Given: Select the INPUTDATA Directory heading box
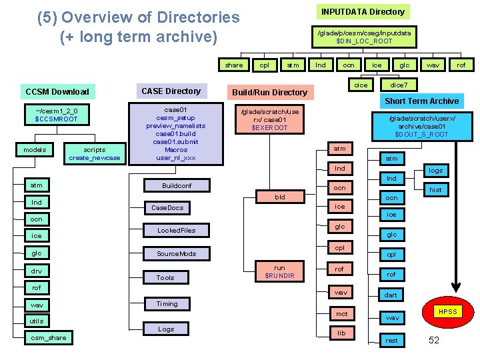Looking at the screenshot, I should click(363, 11).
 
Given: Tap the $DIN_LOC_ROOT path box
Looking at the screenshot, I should click(364, 37).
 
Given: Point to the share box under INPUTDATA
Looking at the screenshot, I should click(234, 65).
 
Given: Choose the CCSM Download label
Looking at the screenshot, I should click(57, 91).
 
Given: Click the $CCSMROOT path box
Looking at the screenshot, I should click(57, 115).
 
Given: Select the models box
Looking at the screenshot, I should click(35, 149).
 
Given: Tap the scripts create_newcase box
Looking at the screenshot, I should click(94, 153).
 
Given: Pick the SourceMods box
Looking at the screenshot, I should click(176, 253).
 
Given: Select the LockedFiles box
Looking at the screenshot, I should click(176, 230).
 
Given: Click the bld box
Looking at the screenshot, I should click(280, 197).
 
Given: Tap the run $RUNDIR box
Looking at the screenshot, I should click(280, 271).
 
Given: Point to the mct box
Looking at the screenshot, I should click(341, 313).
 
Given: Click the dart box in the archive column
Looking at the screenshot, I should click(391, 295).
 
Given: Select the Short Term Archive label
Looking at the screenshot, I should click(421, 101).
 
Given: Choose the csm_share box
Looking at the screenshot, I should click(48, 337).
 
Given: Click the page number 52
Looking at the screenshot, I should click(433, 341).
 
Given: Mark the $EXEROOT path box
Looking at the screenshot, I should click(269, 119).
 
